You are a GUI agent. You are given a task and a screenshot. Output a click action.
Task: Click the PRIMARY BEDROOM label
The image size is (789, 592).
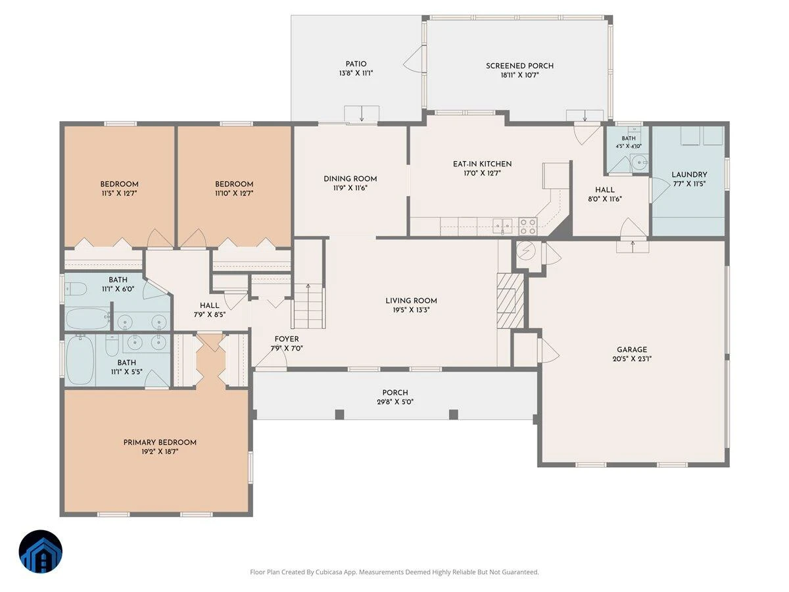(x=160, y=443)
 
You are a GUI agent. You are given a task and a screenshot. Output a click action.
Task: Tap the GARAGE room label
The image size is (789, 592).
(x=632, y=349)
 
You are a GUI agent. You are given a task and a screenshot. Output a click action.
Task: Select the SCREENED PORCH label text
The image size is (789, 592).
(x=520, y=66)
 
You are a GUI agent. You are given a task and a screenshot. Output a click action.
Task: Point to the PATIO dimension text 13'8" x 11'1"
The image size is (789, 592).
(x=356, y=73)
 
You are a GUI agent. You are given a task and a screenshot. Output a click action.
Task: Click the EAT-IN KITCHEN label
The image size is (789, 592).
(x=482, y=164)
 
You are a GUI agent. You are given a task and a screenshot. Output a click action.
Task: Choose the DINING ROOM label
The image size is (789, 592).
(x=350, y=179)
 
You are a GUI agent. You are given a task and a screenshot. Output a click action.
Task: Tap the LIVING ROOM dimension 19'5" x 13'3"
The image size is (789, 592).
(x=411, y=310)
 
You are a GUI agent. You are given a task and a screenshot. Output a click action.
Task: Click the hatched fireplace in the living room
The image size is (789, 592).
(x=510, y=301)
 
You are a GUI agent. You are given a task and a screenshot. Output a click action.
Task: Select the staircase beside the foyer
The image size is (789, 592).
(x=308, y=305)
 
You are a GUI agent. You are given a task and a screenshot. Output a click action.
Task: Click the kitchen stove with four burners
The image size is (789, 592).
(x=528, y=226)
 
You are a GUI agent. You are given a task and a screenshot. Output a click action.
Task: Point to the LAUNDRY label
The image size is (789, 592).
(x=690, y=175)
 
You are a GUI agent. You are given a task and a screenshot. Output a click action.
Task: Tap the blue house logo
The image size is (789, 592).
(x=41, y=551)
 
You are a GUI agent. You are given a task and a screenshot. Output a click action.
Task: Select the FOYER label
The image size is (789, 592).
(x=287, y=339)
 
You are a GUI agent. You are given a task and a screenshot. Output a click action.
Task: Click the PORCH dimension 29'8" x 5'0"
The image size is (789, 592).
(x=395, y=402)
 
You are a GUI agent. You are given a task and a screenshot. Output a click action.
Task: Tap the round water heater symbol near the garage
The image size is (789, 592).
(x=526, y=251)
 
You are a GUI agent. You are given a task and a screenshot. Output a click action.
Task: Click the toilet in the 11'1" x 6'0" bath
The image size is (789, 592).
(x=76, y=289)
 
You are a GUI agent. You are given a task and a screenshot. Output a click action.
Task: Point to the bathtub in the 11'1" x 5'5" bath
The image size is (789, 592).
(x=80, y=360)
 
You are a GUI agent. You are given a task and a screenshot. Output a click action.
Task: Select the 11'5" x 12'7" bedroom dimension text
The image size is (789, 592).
(x=120, y=193)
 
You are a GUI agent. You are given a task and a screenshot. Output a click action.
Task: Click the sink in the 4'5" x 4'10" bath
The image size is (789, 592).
(x=640, y=163)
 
